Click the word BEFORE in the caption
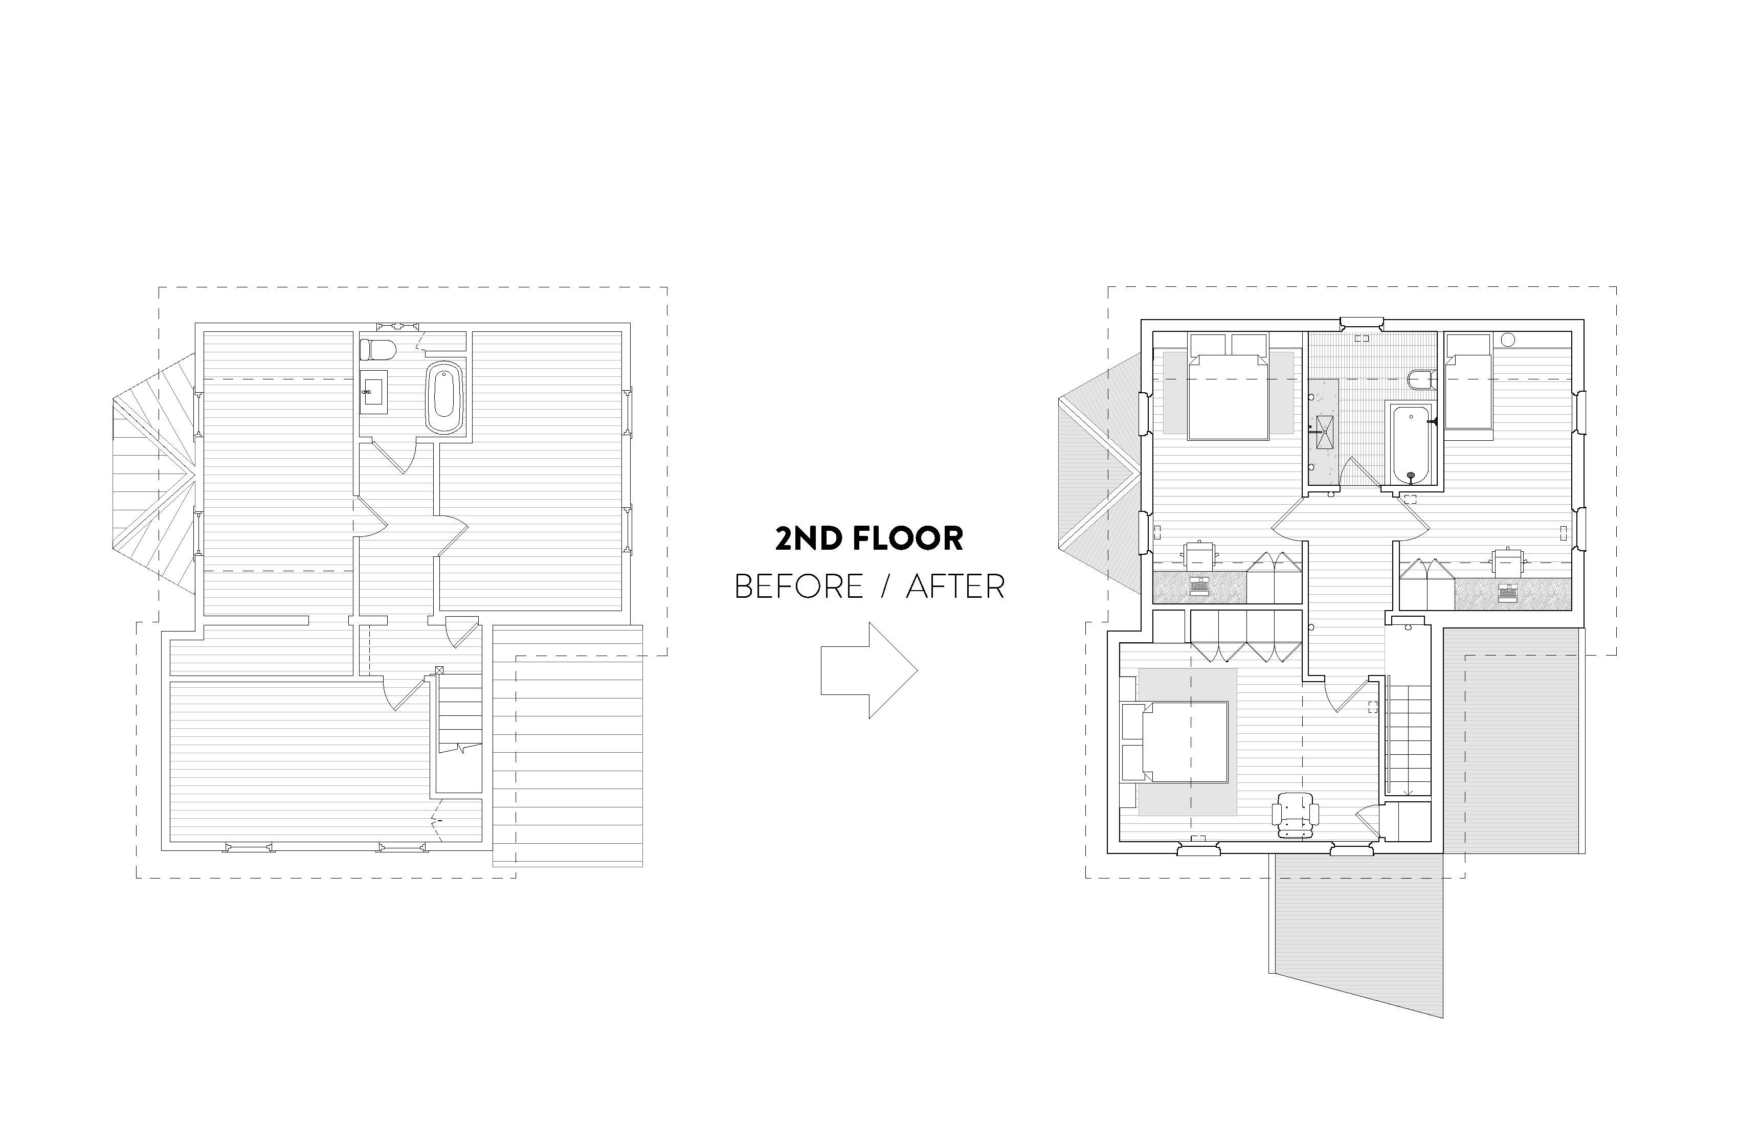[798, 587]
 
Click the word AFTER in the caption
[955, 587]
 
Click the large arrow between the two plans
[869, 670]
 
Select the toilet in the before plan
[378, 350]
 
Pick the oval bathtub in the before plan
[444, 398]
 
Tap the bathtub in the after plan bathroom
[1410, 444]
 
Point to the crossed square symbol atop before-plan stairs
[439, 670]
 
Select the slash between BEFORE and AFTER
[885, 587]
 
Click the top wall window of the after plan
[1361, 322]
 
